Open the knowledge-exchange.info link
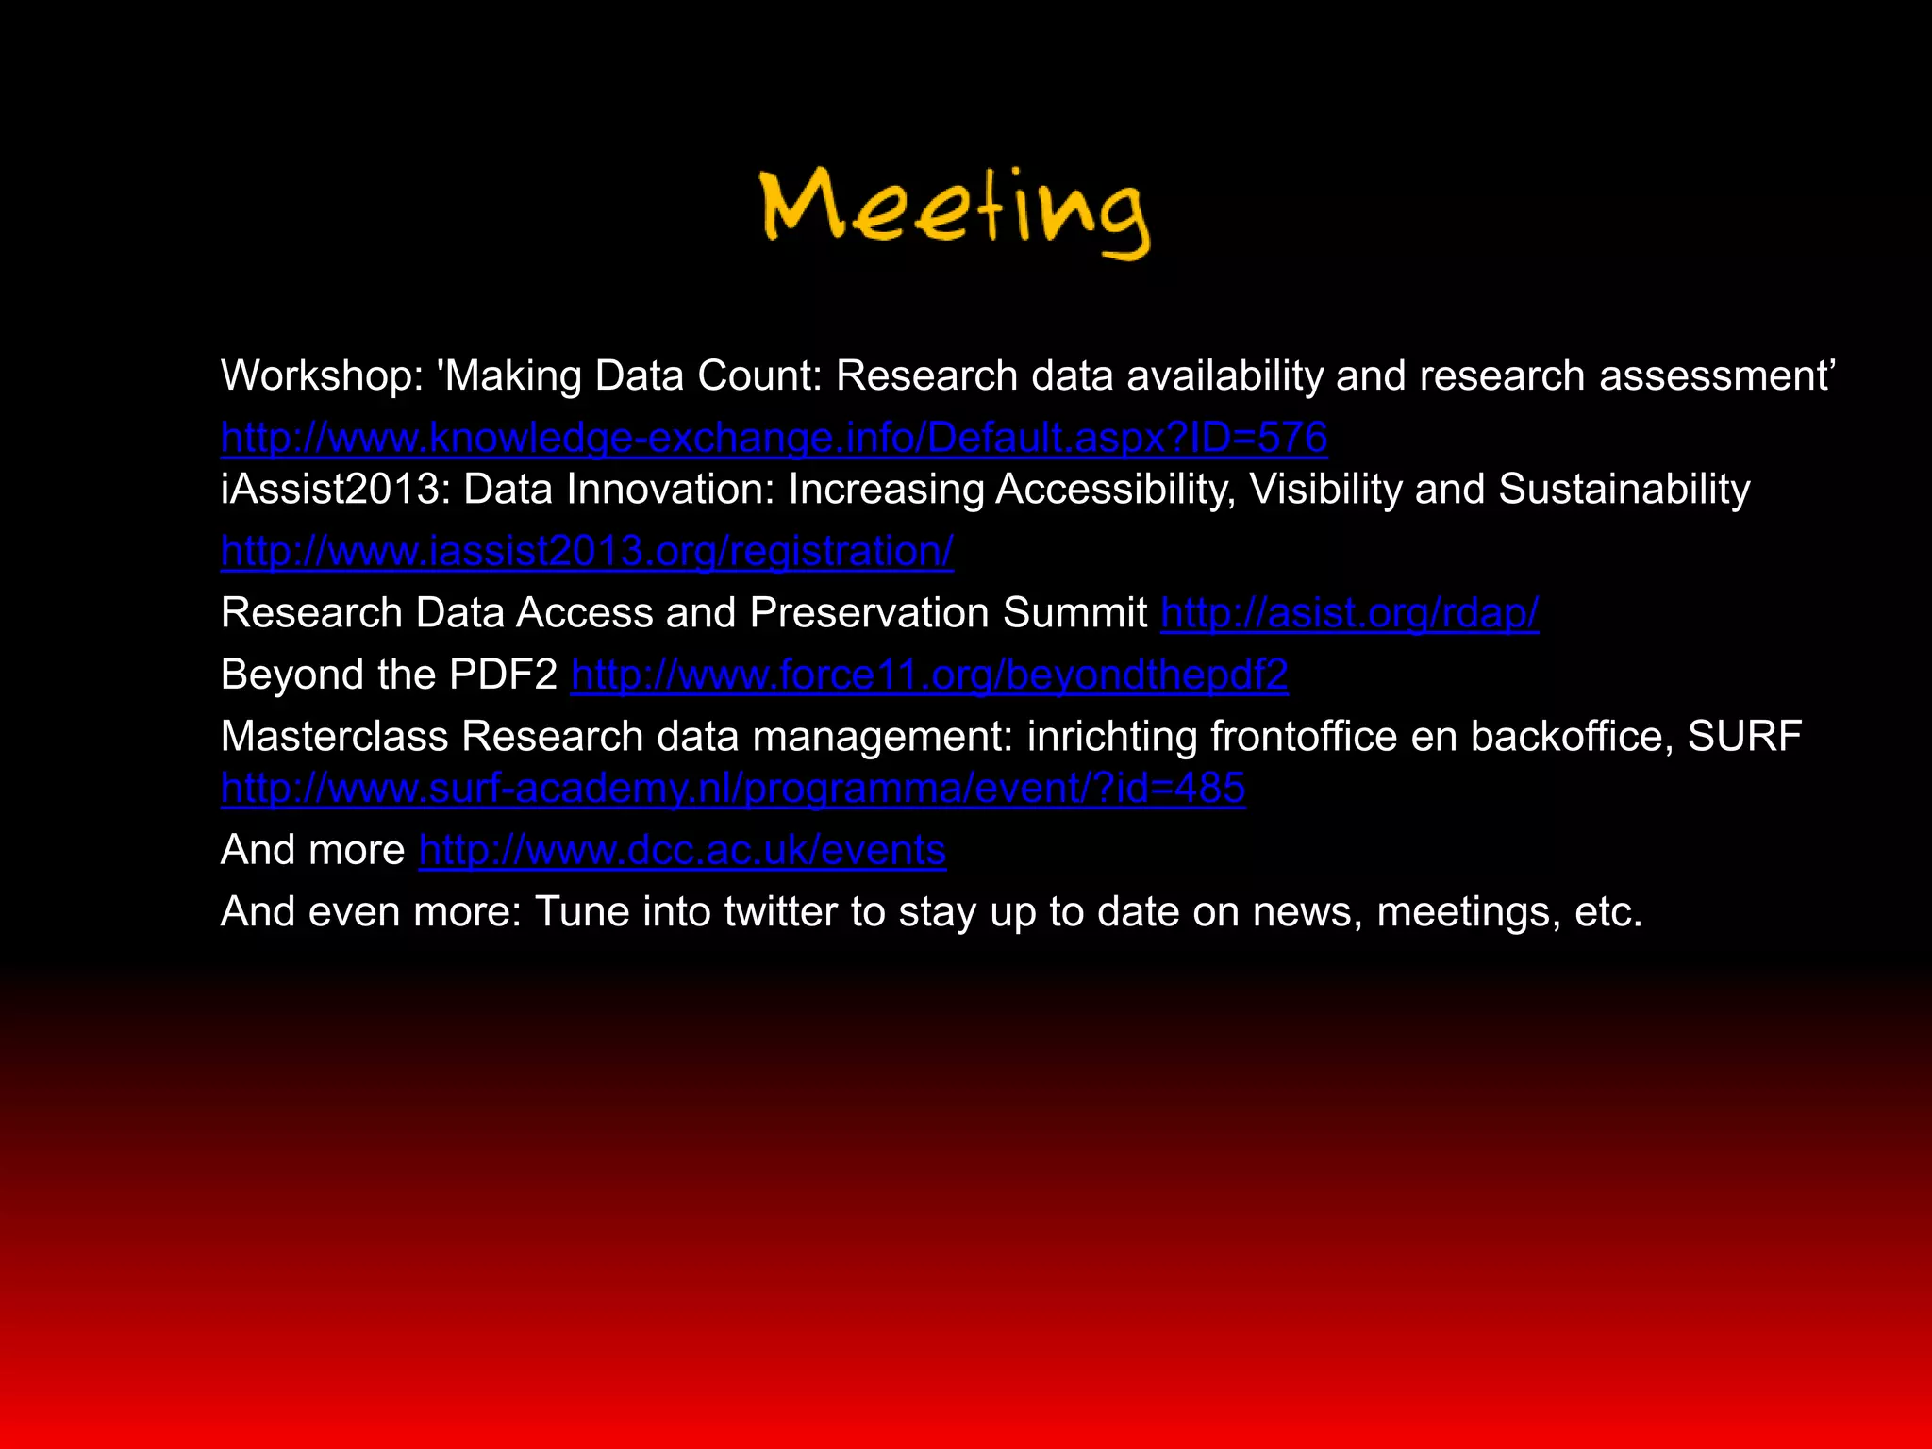tap(774, 438)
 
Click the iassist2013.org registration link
tap(587, 551)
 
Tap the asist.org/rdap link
tap(1349, 613)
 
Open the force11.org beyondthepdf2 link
tap(929, 675)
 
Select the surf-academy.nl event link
tap(733, 789)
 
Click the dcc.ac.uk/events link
tap(682, 851)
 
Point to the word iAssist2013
tap(335, 490)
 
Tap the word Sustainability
tap(1624, 490)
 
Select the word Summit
tap(1074, 613)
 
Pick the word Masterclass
tap(334, 737)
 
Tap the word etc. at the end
tap(1607, 912)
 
